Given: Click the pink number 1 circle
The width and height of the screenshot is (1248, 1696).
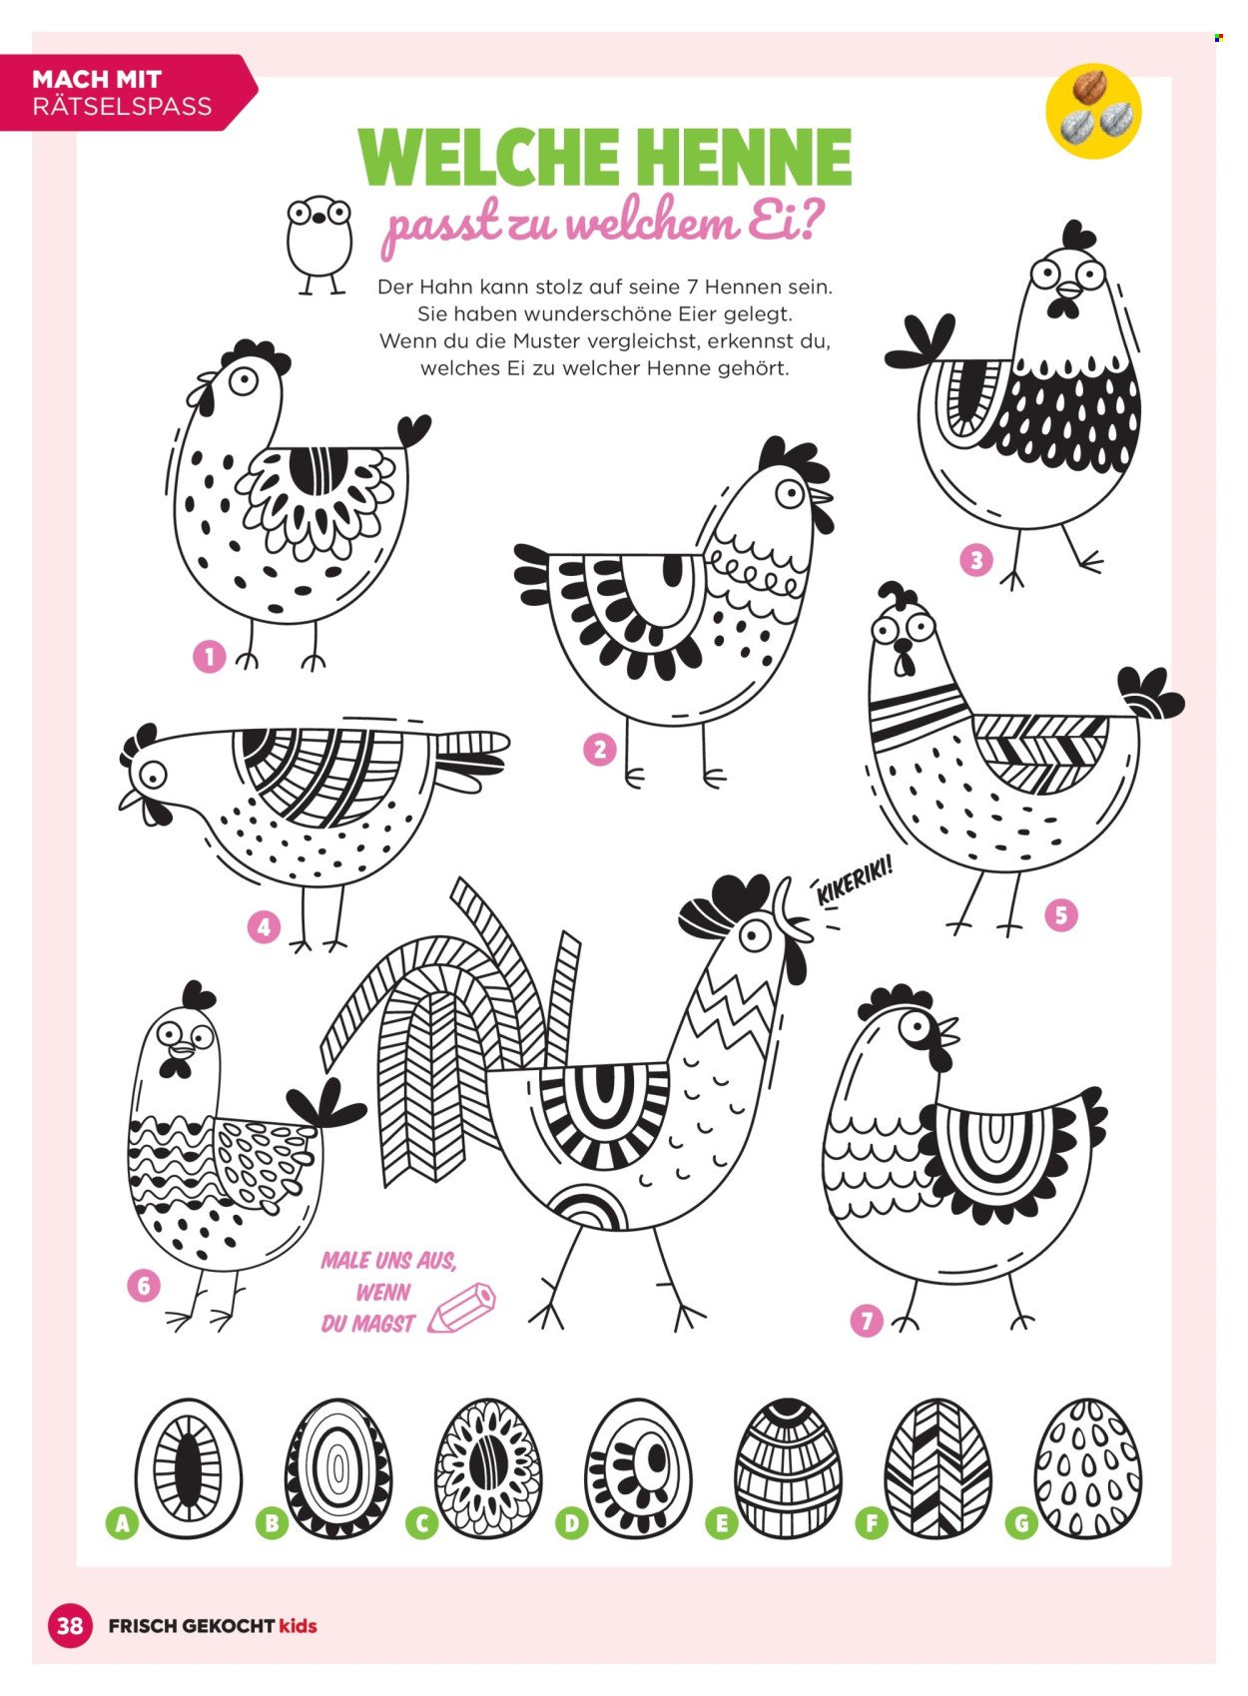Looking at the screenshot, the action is click(209, 657).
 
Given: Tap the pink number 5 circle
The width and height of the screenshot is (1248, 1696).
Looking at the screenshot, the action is click(1061, 915).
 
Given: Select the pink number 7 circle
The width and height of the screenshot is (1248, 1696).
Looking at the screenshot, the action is click(867, 1321).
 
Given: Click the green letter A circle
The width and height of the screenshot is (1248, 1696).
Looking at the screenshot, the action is click(122, 1522).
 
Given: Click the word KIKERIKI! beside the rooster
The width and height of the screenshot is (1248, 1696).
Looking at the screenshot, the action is click(855, 881).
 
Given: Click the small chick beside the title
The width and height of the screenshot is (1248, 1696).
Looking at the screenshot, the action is click(318, 244).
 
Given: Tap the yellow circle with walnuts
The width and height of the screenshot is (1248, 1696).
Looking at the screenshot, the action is click(1093, 111).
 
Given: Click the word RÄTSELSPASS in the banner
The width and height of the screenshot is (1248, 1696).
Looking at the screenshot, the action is click(122, 106).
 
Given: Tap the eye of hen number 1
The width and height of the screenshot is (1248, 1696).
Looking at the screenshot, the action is click(245, 381).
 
